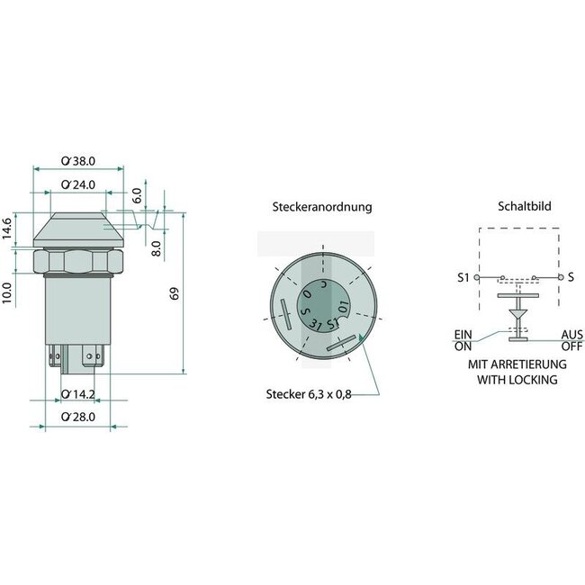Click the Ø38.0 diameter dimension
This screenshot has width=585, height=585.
click(x=79, y=161)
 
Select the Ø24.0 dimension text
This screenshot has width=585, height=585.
click(x=79, y=184)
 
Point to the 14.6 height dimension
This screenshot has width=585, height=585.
click(x=8, y=229)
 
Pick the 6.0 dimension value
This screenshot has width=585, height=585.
click(x=138, y=194)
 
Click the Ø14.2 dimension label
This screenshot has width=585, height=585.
click(x=78, y=393)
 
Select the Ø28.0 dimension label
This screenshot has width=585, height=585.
click(x=78, y=417)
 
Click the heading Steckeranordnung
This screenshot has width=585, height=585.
click(x=321, y=207)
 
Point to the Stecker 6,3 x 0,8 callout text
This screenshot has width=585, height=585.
click(x=306, y=393)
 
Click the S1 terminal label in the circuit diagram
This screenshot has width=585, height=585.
click(x=463, y=276)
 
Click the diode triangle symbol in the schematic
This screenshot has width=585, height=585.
click(x=516, y=317)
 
